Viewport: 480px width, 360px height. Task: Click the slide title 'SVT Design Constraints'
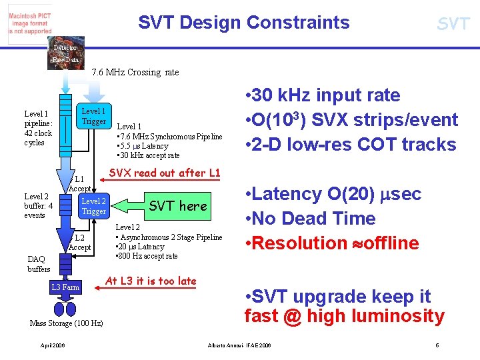(x=243, y=23)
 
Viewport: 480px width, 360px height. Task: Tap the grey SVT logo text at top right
(x=453, y=25)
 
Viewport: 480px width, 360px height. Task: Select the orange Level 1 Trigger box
(x=93, y=116)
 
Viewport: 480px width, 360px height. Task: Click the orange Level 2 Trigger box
(x=93, y=206)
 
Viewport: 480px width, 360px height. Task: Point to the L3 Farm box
(x=65, y=287)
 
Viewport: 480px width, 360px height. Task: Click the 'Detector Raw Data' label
(x=65, y=53)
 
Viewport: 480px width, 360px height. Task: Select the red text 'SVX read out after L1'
(x=164, y=173)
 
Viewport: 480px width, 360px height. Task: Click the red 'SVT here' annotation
(x=178, y=206)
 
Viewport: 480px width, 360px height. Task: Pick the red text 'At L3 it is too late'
(x=151, y=281)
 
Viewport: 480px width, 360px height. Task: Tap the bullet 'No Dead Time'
(x=314, y=219)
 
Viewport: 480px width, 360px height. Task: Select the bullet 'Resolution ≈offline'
(x=332, y=243)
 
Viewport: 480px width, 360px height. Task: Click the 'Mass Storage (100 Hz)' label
(x=67, y=323)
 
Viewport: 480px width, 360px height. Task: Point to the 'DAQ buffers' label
(x=39, y=264)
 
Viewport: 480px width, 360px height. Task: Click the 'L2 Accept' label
(x=79, y=242)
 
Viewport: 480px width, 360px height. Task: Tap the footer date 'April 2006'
(x=53, y=346)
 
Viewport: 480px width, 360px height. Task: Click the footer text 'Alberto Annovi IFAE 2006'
(x=239, y=346)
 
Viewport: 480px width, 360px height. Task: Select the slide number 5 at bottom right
(x=437, y=345)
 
